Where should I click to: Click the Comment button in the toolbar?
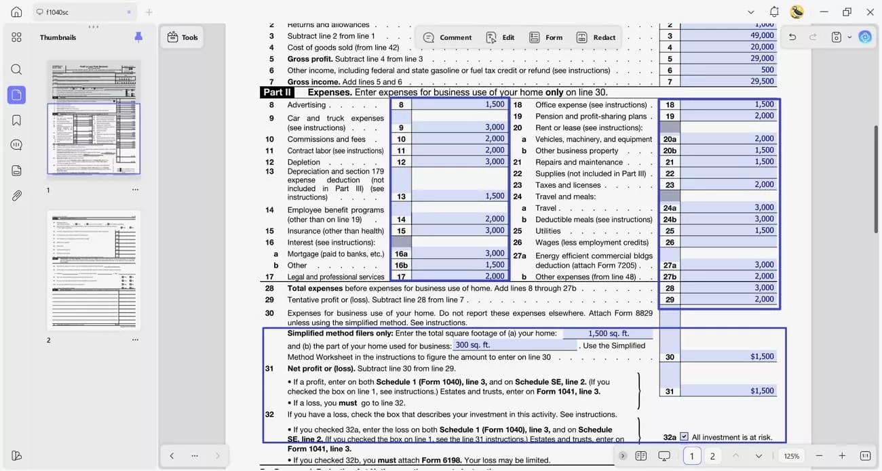448,37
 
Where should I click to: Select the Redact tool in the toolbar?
596,37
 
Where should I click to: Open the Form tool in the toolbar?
546,37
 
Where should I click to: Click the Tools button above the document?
183,37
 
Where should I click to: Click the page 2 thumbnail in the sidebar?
94,270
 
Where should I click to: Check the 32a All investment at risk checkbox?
684,437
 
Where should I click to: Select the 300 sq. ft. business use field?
516,345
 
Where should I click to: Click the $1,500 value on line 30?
761,356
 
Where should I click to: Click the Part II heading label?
277,92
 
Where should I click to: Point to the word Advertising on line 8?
306,105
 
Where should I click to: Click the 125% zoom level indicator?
791,456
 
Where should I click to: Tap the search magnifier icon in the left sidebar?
16,69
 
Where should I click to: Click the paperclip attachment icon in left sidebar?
16,196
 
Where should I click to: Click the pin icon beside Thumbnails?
138,37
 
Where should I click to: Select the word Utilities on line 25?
548,231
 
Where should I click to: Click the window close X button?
870,12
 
